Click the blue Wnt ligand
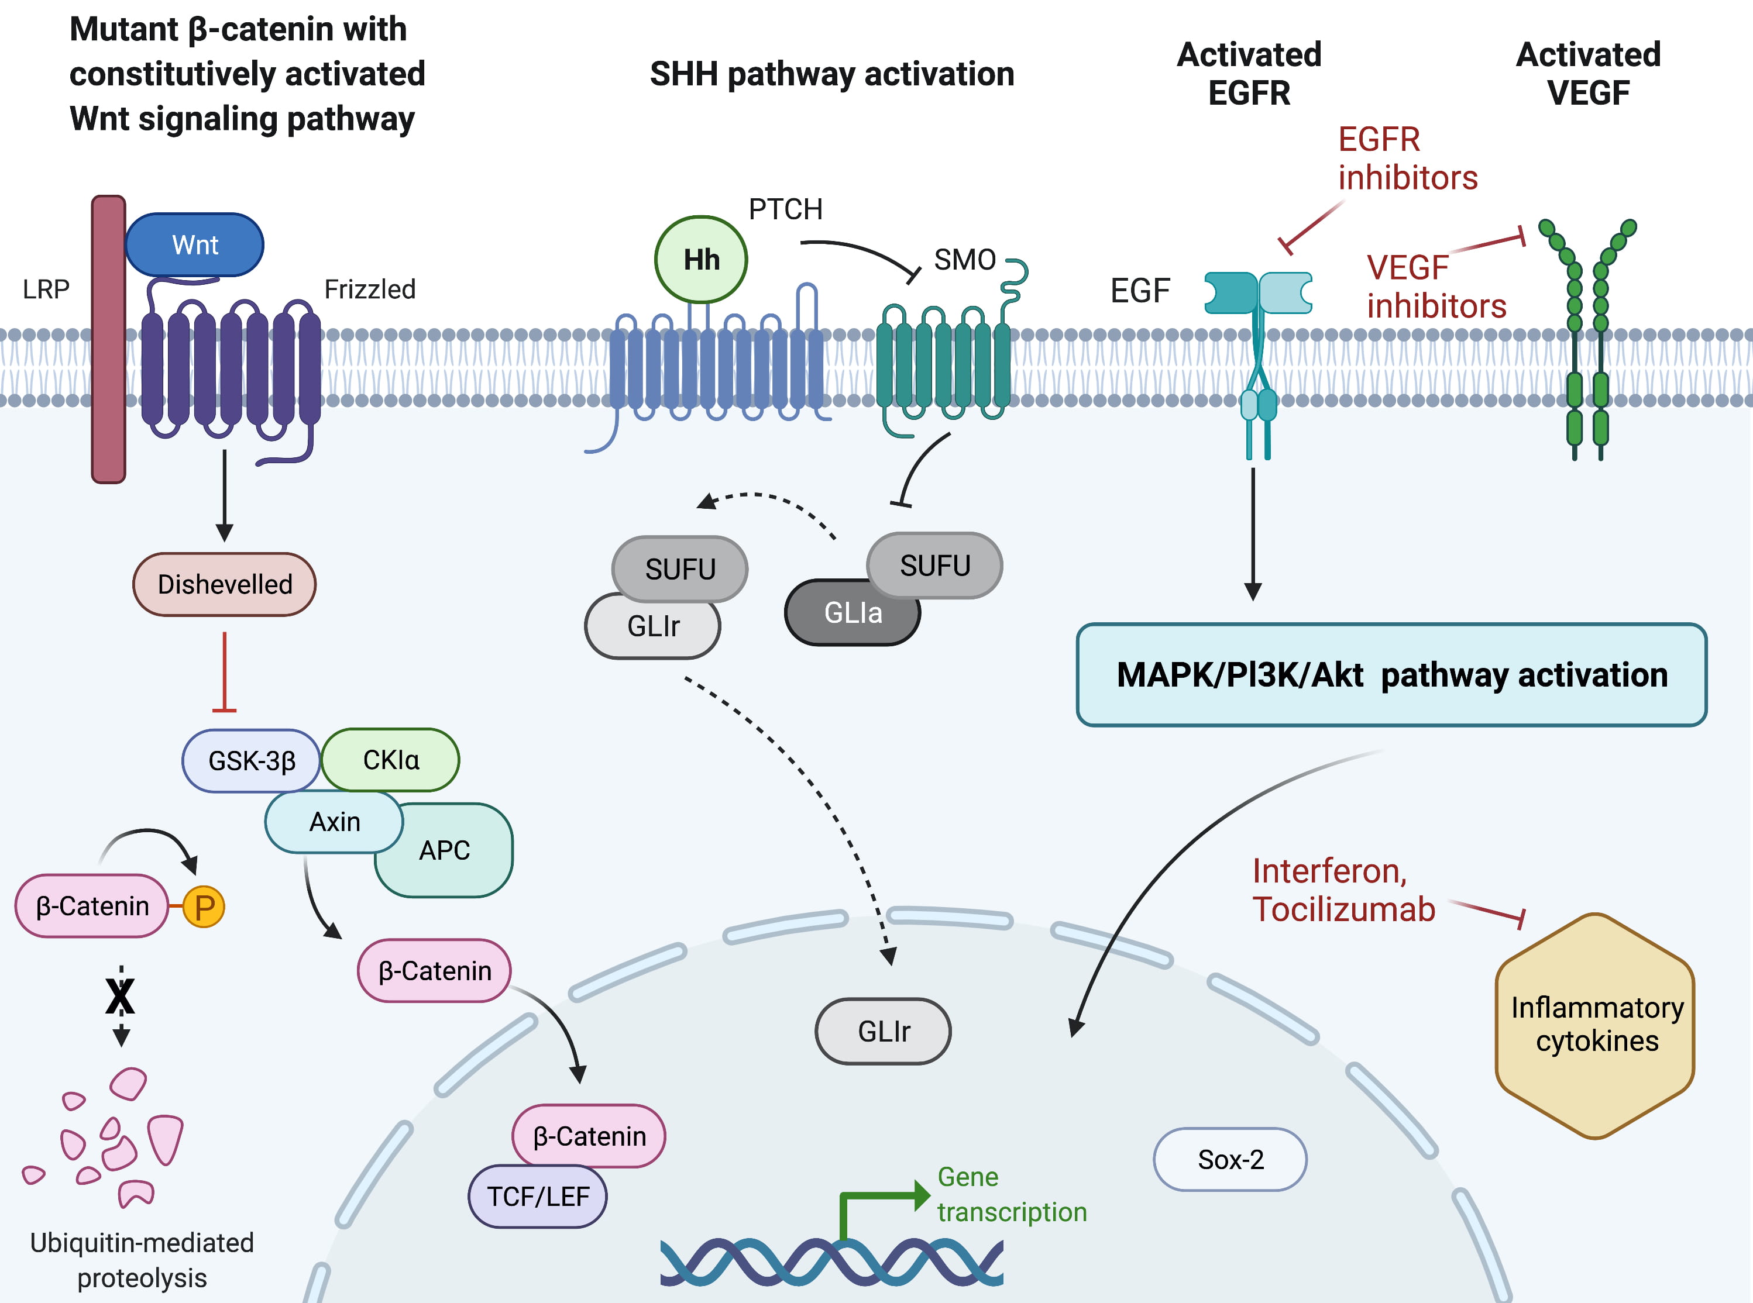(x=194, y=244)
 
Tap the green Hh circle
(x=700, y=260)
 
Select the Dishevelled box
(x=225, y=584)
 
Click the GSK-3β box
(x=251, y=761)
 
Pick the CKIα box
(x=390, y=760)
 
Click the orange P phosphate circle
(x=204, y=907)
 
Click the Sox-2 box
(x=1230, y=1160)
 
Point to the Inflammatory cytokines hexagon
(x=1595, y=1025)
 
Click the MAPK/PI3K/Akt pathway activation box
(x=1391, y=675)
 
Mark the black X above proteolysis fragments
(x=121, y=996)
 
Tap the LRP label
(x=46, y=289)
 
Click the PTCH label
(x=785, y=209)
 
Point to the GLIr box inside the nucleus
(x=884, y=1032)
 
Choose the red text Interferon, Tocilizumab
(x=1343, y=891)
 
